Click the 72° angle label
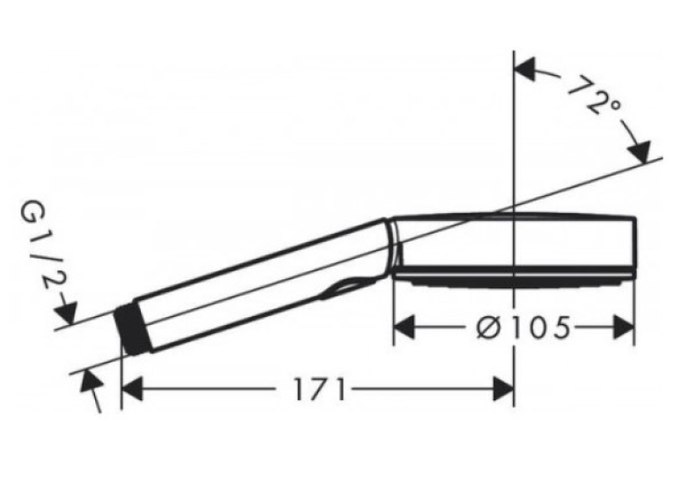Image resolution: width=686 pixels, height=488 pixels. [595, 96]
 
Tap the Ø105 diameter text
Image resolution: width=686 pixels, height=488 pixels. [524, 327]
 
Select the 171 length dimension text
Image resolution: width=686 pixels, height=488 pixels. [319, 390]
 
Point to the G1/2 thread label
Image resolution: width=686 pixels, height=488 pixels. [40, 250]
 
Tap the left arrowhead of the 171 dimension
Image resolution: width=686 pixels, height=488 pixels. [132, 390]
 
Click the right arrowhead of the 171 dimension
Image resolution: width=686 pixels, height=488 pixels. [503, 390]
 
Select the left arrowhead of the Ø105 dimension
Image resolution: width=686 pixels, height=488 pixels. [404, 327]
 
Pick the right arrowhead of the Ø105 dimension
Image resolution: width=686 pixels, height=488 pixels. [624, 327]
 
